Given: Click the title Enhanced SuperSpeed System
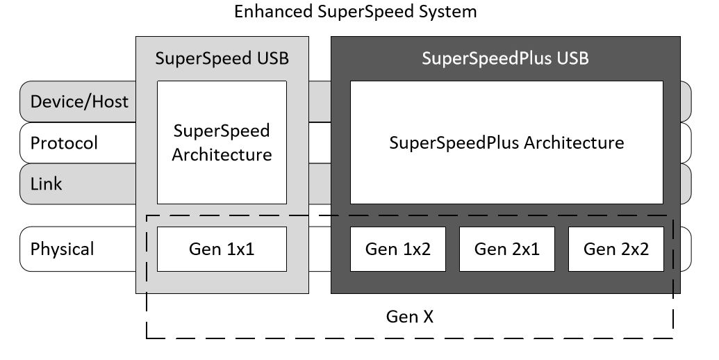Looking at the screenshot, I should point(355,12).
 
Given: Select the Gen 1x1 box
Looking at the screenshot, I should point(222,249).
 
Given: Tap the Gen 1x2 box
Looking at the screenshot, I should point(398,249).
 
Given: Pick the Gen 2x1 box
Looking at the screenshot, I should point(507,249).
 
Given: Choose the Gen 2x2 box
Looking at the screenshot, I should point(616,249).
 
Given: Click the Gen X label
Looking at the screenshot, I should point(409,317).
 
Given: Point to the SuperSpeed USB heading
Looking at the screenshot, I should point(222,58).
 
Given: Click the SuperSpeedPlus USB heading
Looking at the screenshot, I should point(505,58).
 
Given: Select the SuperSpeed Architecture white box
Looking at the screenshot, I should point(222,142).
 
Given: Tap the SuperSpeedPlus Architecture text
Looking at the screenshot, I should point(506,143).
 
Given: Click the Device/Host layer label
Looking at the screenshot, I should point(79,101).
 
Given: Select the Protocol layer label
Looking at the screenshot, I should point(64,143).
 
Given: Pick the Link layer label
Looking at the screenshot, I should point(46,184).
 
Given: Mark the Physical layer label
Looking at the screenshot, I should point(62,249).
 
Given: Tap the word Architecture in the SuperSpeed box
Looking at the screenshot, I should point(222,154).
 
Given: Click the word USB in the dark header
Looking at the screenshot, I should point(573,58).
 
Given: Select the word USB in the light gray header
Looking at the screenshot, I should point(272,58).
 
